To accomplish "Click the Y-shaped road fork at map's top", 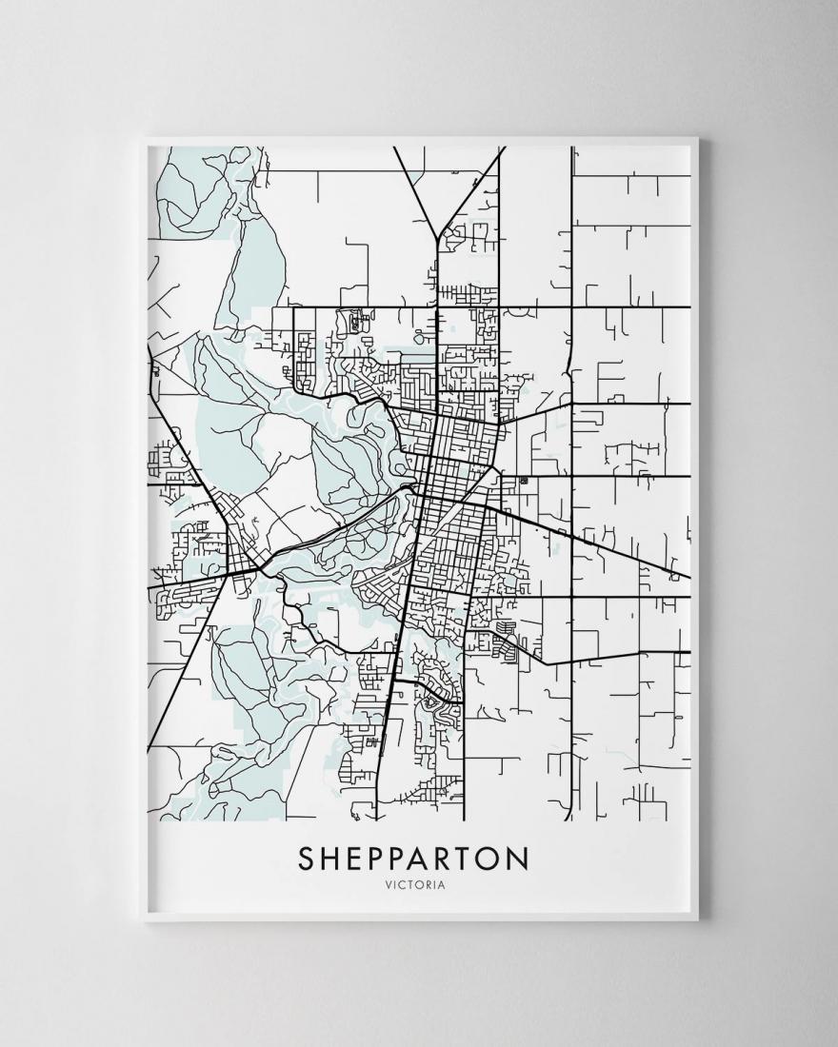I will click(435, 239).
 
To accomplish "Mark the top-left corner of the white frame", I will click(141, 139).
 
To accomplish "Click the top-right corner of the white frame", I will click(698, 139).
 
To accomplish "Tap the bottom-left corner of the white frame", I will click(141, 920).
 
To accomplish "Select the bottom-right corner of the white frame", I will click(698, 920).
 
